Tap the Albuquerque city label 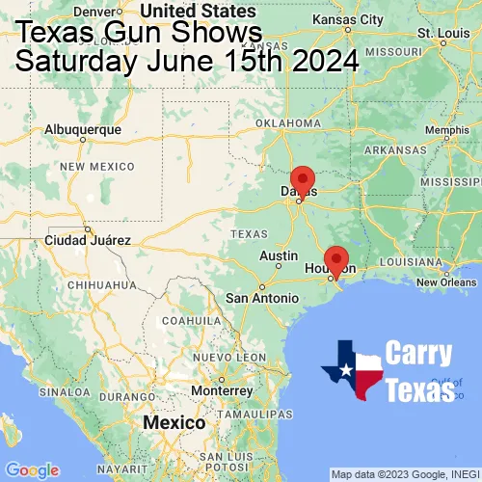point(84,128)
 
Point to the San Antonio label point(262,298)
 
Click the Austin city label point(279,255)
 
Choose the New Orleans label point(446,281)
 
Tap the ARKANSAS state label point(394,149)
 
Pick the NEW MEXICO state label point(95,166)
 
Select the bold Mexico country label point(174,423)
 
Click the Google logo point(32,469)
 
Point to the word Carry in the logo point(420,352)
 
